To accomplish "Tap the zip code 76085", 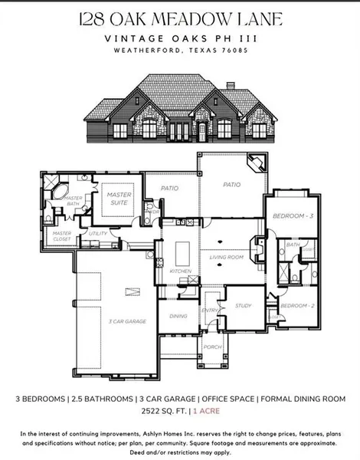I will [233, 51].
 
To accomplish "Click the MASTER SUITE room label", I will [119, 199].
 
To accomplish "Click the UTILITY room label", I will [98, 232].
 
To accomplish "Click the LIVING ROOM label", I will [226, 258].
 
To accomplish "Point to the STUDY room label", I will [243, 306].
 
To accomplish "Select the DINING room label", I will [178, 315].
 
